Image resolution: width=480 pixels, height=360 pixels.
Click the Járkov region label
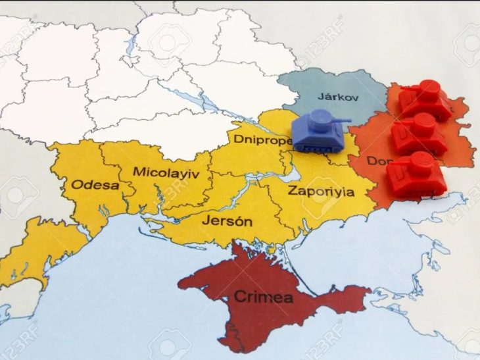[x=338, y=97]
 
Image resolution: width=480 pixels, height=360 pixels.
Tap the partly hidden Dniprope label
[x=262, y=140]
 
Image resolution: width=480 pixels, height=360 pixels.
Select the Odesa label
[x=95, y=185]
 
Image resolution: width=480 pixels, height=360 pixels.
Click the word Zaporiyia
[x=321, y=192]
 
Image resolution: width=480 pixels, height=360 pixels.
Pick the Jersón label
[x=226, y=221]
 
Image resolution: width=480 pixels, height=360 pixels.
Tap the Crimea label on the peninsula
[x=264, y=297]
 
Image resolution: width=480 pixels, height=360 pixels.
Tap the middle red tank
[x=419, y=134]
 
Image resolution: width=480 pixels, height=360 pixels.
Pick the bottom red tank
[x=416, y=174]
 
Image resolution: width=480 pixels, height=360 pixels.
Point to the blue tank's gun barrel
[x=341, y=120]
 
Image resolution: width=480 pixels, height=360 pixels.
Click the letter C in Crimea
[x=240, y=297]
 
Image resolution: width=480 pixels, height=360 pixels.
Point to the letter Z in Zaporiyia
[x=292, y=192]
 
